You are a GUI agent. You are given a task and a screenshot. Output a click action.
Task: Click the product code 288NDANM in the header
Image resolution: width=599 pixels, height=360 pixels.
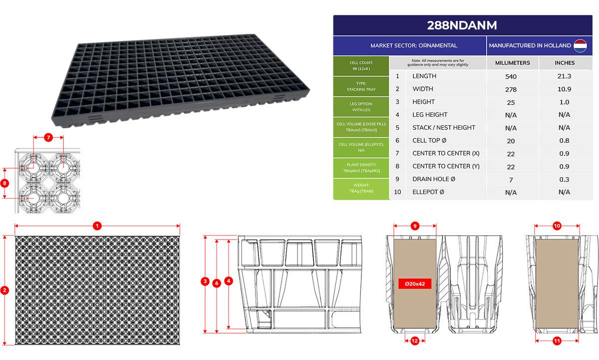(x=462, y=25)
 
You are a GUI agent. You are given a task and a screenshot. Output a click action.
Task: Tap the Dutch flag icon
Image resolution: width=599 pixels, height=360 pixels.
(x=580, y=46)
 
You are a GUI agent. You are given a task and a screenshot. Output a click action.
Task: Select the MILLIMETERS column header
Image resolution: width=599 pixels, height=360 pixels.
(x=512, y=63)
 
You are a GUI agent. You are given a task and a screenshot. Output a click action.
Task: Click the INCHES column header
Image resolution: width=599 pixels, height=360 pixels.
(x=565, y=63)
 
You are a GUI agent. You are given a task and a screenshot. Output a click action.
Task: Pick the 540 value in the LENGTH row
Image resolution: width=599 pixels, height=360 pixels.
(x=511, y=77)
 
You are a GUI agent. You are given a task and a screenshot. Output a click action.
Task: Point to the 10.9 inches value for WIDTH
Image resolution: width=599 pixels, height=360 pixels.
(x=564, y=89)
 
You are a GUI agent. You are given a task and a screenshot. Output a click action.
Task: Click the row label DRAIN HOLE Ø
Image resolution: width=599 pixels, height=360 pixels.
(x=434, y=179)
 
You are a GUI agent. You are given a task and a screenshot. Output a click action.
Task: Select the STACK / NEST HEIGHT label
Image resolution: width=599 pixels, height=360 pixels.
(x=444, y=128)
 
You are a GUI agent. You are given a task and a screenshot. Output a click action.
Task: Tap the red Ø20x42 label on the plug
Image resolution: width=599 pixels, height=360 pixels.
(x=415, y=284)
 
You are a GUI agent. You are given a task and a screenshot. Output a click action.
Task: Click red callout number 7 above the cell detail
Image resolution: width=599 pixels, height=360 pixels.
(x=48, y=137)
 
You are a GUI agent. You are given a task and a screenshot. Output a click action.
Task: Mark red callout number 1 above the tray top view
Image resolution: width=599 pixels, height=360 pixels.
(x=97, y=226)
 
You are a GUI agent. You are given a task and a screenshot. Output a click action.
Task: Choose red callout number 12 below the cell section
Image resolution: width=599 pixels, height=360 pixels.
(x=415, y=341)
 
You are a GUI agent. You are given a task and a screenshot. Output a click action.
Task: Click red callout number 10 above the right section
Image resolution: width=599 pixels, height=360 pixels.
(x=557, y=226)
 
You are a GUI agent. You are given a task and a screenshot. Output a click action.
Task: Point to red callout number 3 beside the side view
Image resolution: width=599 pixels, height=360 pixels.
(x=205, y=281)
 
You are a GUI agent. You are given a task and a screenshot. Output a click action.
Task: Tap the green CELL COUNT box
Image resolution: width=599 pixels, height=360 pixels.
(x=361, y=66)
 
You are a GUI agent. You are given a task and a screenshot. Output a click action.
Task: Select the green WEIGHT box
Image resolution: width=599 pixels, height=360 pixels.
(x=361, y=189)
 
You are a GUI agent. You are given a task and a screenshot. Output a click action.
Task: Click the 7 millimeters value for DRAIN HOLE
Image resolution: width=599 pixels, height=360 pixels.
(x=511, y=180)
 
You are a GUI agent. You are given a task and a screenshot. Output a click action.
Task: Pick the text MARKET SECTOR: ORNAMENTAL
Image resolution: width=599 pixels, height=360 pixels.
(x=414, y=46)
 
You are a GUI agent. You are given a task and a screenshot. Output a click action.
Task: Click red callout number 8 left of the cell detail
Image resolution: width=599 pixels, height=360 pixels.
(x=4, y=183)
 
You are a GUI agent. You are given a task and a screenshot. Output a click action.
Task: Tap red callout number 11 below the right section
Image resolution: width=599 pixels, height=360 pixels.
(x=557, y=341)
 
